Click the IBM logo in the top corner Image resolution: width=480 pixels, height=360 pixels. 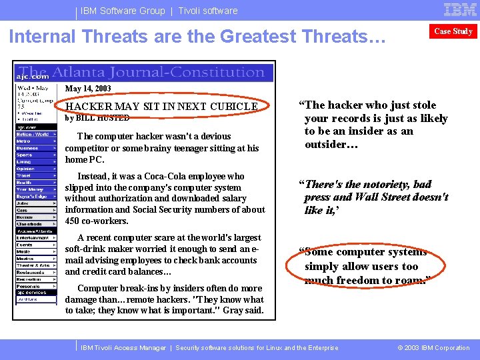pyautogui.click(x=460, y=9)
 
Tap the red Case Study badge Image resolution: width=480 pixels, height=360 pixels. pyautogui.click(x=453, y=31)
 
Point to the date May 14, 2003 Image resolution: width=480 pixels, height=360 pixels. pyautogui.click(x=88, y=89)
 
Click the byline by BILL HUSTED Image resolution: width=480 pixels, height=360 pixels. pyautogui.click(x=97, y=118)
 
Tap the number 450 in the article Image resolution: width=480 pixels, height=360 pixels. pyautogui.click(x=73, y=221)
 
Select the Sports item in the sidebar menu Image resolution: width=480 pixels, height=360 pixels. pyautogui.click(x=25, y=154)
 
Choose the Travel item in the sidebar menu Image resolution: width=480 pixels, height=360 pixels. pyautogui.click(x=25, y=175)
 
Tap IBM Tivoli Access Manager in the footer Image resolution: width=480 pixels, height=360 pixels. pyautogui.click(x=123, y=348)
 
